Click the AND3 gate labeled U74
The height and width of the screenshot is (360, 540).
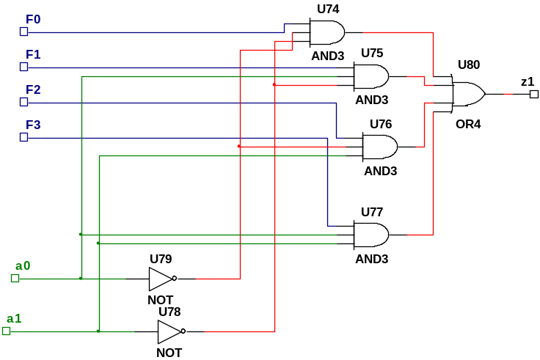tap(326, 32)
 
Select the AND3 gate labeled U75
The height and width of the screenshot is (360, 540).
tap(371, 76)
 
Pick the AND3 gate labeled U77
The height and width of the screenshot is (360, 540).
tap(371, 235)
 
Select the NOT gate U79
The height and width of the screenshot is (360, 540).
tap(160, 279)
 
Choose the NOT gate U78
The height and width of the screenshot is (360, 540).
tap(169, 331)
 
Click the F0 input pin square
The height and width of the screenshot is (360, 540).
tap(23, 32)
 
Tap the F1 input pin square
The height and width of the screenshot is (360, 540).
tap(23, 67)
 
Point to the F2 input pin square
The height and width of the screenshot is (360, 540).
tap(23, 102)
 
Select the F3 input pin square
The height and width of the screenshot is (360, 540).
tap(23, 137)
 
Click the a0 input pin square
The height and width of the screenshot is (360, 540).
tap(15, 278)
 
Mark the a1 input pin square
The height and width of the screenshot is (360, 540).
tap(6, 331)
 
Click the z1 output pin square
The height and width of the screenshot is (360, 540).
tap(534, 94)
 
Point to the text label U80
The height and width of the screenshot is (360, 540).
tap(468, 65)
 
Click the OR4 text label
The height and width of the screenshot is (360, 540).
tap(468, 125)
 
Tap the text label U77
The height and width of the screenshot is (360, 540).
tap(371, 212)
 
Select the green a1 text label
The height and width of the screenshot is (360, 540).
tap(14, 319)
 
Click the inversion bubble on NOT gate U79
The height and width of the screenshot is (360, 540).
tap(175, 279)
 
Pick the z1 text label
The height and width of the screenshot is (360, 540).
tap(527, 82)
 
